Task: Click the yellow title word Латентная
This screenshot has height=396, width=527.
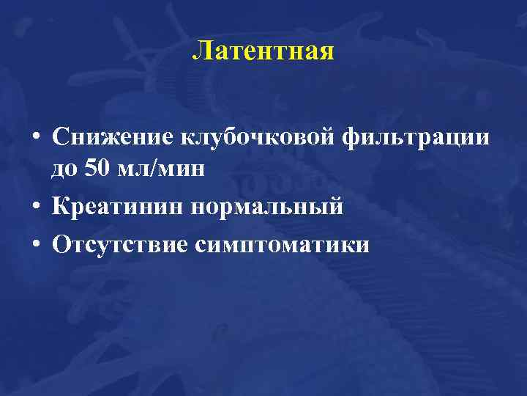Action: pyautogui.click(x=263, y=52)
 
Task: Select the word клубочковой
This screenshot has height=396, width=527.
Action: pyautogui.click(x=236, y=136)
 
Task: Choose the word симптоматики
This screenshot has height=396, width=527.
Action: pyautogui.click(x=283, y=245)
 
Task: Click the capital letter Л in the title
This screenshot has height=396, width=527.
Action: pyautogui.click(x=202, y=52)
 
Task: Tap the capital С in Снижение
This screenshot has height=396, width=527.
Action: pyautogui.click(x=61, y=136)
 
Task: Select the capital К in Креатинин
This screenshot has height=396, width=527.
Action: pyautogui.click(x=61, y=207)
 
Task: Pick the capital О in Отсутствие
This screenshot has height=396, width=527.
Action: pyautogui.click(x=61, y=244)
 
